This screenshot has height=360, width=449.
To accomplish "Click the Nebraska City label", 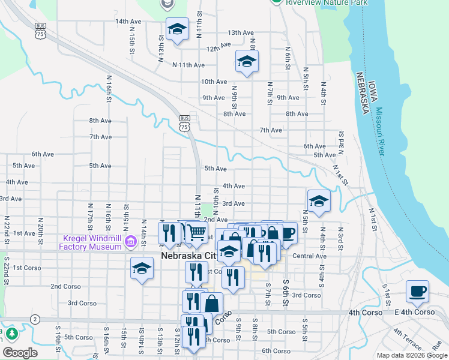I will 189,256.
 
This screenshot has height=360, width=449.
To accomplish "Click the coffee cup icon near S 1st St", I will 417,291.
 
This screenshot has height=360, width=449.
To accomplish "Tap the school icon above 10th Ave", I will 246,61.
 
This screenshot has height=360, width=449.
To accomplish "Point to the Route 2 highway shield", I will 35,319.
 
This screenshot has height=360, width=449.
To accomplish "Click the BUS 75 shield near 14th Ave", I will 41,31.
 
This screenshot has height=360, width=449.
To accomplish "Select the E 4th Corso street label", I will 414,312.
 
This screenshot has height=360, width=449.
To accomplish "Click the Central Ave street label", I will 309,256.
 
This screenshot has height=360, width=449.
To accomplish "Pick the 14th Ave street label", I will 128,22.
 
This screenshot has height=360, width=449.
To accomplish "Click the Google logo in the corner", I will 20,352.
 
